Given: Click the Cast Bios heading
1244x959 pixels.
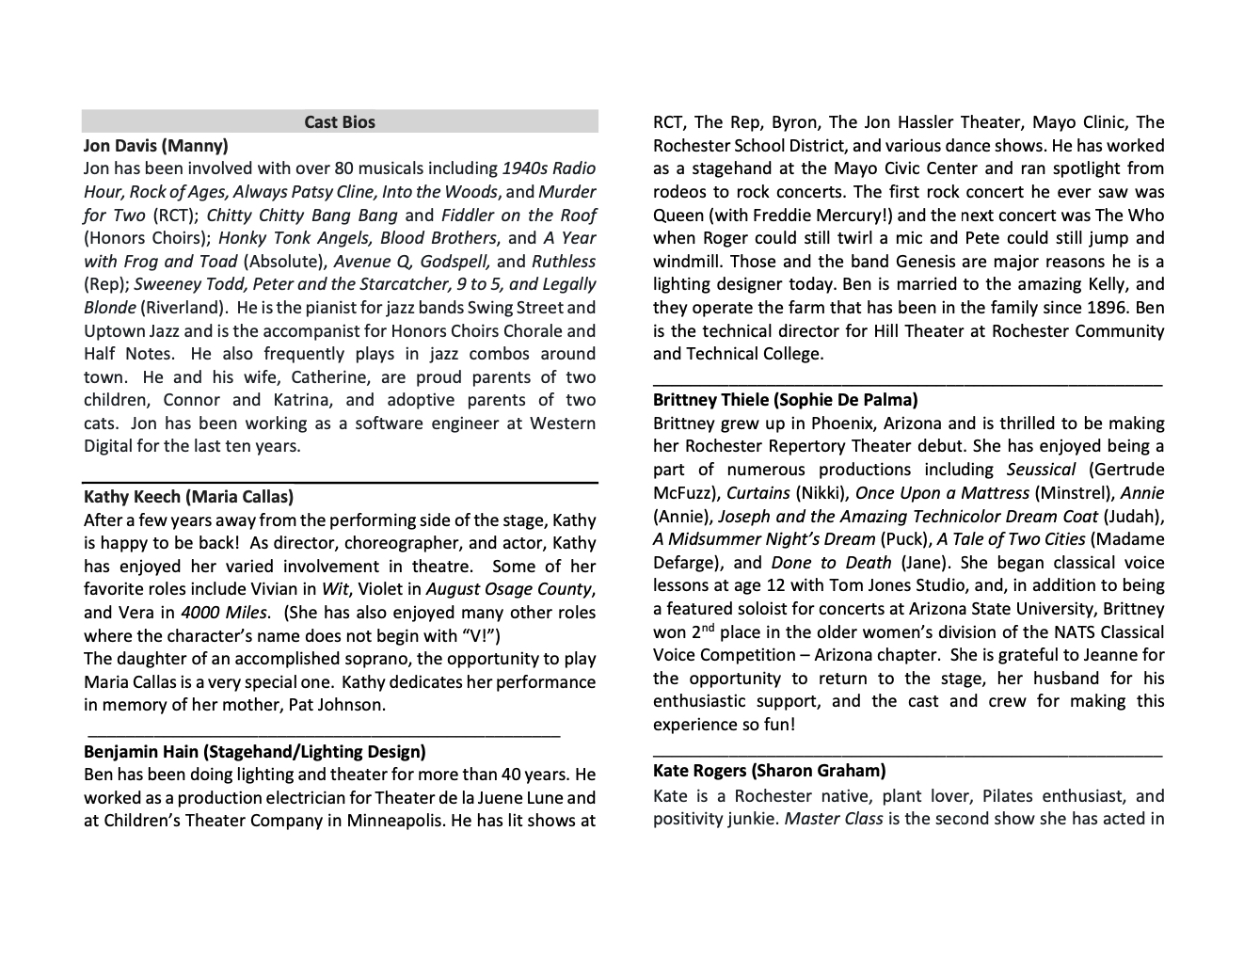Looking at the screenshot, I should click(x=340, y=122).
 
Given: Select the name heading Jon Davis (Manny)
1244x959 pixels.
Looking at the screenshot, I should click(x=155, y=146).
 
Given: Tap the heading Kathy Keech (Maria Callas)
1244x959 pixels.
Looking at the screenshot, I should click(x=188, y=497).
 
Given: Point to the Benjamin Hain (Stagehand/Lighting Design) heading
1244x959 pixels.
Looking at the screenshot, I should click(x=254, y=752).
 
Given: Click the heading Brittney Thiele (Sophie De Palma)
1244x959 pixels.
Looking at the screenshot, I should click(x=786, y=400).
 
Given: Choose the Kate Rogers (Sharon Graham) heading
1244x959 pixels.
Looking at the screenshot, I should click(x=769, y=771).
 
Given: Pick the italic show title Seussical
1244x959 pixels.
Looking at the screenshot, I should click(x=1040, y=470).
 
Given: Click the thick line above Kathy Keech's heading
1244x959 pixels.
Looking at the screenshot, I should click(x=340, y=483).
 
